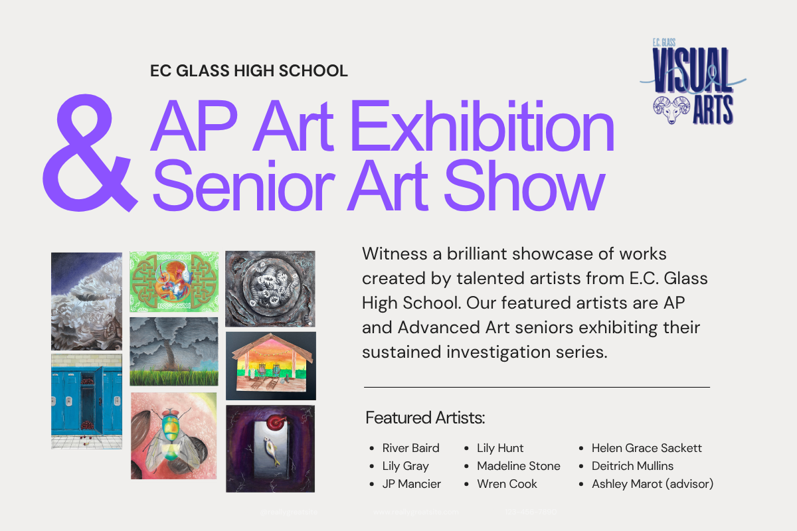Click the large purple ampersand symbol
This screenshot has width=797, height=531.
86,153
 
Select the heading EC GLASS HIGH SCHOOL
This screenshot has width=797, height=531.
249,70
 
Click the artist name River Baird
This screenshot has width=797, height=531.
410,448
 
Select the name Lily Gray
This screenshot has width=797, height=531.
405,466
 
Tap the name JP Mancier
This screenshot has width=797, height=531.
411,484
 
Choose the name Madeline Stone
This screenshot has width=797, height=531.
518,466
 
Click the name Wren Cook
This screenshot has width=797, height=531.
507,484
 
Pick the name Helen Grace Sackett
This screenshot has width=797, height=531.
646,448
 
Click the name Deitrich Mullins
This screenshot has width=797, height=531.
632,466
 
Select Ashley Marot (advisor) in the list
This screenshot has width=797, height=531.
652,484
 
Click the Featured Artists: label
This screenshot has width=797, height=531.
425,418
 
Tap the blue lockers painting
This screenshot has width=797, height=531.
86,402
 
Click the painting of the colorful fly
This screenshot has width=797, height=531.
173,441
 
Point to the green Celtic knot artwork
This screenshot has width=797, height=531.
174,281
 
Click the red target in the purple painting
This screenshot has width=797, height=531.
273,423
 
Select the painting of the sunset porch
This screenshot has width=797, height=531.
270,366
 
